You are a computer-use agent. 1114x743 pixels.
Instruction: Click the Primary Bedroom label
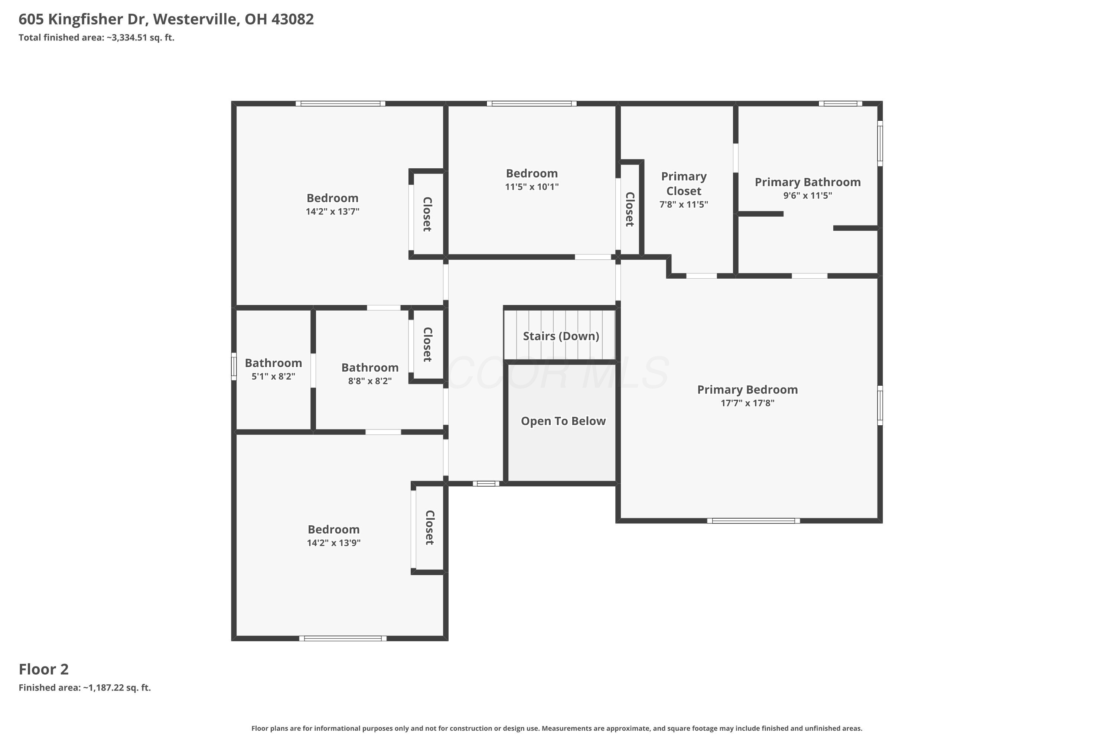point(747,389)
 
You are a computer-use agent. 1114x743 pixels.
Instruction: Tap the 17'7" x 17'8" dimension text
point(747,403)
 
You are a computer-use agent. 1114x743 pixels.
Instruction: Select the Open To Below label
point(563,421)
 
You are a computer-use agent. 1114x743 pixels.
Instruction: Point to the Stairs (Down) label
point(561,336)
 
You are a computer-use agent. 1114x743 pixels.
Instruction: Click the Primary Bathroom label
point(808,182)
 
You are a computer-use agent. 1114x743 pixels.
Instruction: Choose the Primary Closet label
point(684,184)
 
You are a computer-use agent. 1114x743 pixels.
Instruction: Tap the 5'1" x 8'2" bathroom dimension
point(273,377)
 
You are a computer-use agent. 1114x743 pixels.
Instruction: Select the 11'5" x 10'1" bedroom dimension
point(532,187)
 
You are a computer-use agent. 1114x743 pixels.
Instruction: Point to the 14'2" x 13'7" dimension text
point(332,211)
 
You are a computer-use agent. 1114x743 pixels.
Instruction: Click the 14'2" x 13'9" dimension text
point(333,542)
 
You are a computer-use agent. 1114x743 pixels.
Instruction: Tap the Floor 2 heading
point(43,669)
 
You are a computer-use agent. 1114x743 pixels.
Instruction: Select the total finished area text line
point(97,38)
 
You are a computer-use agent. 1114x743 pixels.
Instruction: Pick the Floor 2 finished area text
point(85,688)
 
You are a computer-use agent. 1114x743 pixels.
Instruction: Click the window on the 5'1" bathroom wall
point(234,366)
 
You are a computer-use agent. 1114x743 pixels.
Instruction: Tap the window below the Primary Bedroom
point(753,521)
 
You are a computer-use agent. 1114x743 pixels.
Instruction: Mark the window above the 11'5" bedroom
point(531,103)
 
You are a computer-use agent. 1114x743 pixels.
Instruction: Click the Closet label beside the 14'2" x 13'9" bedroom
point(430,528)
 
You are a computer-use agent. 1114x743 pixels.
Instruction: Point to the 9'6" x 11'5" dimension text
point(808,196)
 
